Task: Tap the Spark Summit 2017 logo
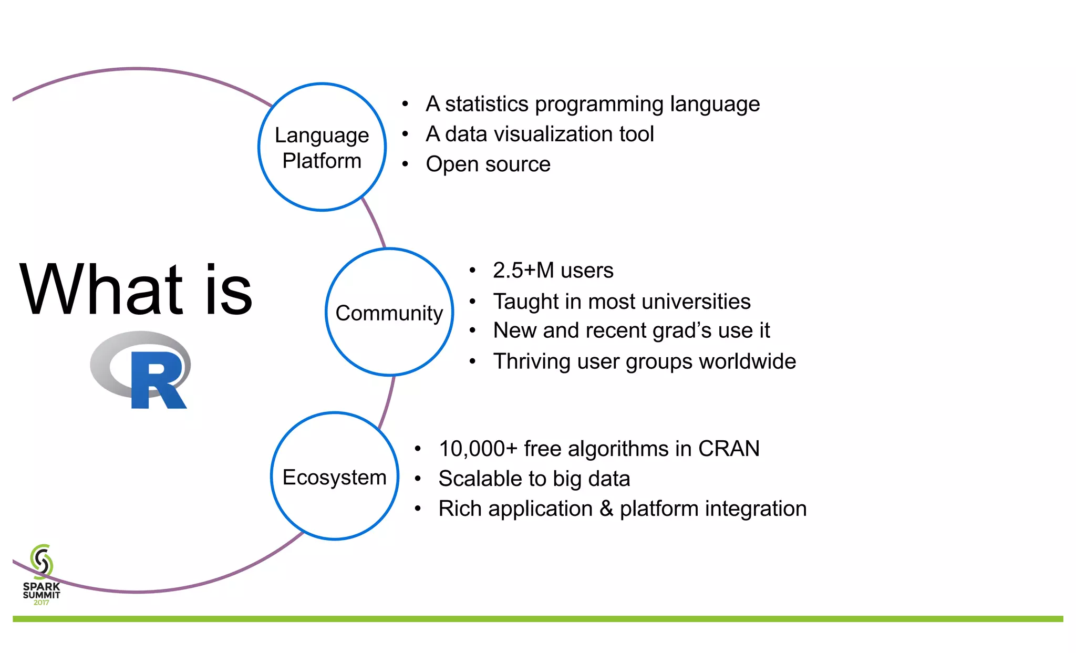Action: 42,575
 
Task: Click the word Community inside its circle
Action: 389,314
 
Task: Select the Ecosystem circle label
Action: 335,478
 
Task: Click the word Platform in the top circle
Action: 322,161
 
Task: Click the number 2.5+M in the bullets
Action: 523,271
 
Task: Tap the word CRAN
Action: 729,449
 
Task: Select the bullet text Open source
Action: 488,164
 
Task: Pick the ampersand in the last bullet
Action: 606,509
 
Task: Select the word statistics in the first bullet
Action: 487,104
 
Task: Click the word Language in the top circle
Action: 322,136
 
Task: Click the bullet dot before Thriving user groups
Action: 473,361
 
